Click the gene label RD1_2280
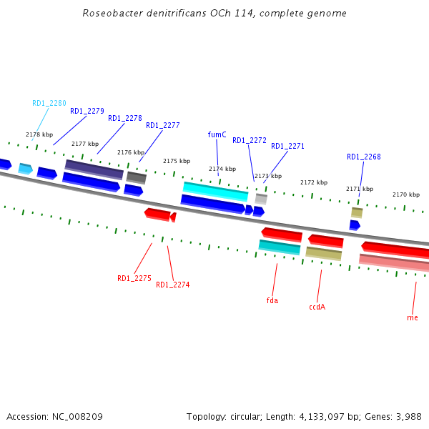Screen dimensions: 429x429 click(49, 103)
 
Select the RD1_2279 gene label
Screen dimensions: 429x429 click(87, 112)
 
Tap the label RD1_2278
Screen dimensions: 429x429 click(124, 119)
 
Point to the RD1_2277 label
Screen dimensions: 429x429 click(162, 126)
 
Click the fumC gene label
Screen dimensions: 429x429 click(217, 134)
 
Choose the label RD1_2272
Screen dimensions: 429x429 click(249, 141)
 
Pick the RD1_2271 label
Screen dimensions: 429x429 click(287, 147)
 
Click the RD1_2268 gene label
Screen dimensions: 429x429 click(363, 157)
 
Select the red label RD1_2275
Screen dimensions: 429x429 click(134, 279)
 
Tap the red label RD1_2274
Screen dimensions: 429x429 click(172, 285)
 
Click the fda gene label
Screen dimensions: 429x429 click(272, 301)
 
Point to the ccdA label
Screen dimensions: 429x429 click(317, 307)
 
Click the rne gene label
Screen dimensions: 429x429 click(412, 318)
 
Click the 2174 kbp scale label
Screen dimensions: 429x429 click(222, 169)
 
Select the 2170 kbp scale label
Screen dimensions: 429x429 click(405, 194)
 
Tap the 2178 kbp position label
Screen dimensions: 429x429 click(39, 134)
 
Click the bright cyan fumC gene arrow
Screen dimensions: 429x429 click(215, 191)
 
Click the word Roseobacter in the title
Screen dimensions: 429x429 click(110, 14)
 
